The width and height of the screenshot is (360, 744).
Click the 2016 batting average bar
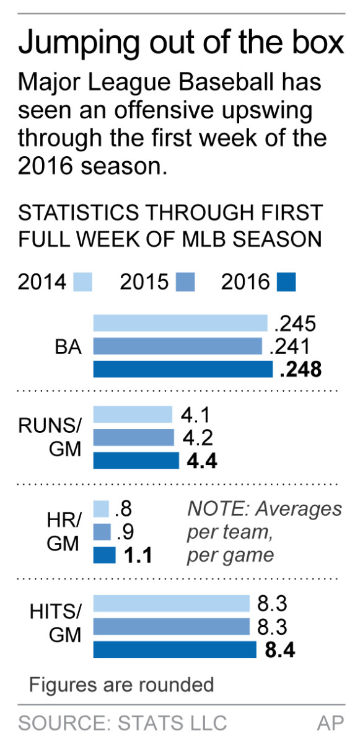pos(183,370)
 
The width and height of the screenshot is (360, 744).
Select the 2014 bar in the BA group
pos(180,323)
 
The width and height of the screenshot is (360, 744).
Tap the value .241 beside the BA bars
pos(290,347)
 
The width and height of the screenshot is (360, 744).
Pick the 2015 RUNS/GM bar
pos(133,438)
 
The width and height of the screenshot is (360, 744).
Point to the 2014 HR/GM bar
pos(101,509)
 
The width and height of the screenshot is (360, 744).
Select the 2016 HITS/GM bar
pos(175,650)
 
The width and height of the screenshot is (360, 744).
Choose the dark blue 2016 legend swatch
pos(287,282)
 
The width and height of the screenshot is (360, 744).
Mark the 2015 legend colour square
pos(185,282)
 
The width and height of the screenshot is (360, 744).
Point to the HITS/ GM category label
pos(55,623)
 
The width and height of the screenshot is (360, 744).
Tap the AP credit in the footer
pos(330,722)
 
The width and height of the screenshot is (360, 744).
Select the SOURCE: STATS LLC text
pos(122,722)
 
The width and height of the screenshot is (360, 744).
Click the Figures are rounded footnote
pos(121,684)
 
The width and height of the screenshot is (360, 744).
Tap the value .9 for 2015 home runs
pos(123,532)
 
